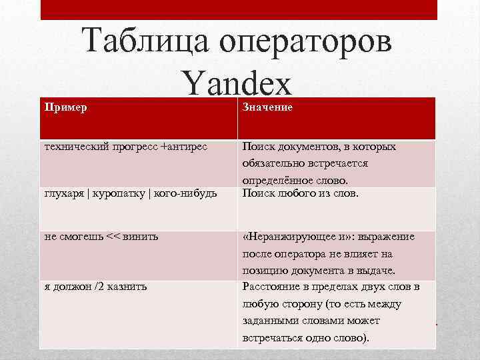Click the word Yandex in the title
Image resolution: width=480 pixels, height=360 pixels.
pos(236,85)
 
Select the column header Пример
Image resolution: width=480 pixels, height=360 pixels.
pos(65,107)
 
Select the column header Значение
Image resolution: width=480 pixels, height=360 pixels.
pos(267,107)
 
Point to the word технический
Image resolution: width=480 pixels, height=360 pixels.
pos(71,146)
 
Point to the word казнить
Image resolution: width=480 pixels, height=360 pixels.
pos(127,287)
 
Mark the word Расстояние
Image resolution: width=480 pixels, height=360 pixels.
pos(270,287)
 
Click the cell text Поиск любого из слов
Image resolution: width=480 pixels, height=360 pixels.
pos(301,194)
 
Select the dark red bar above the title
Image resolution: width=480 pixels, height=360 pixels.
pos(239,9)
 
